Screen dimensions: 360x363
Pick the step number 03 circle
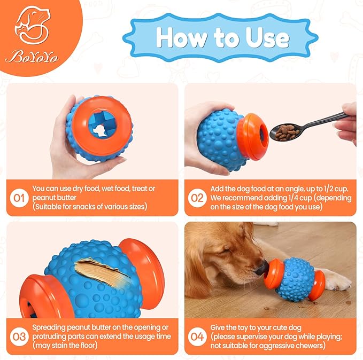pos(19,336)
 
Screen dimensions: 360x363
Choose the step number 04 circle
pos(196,336)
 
